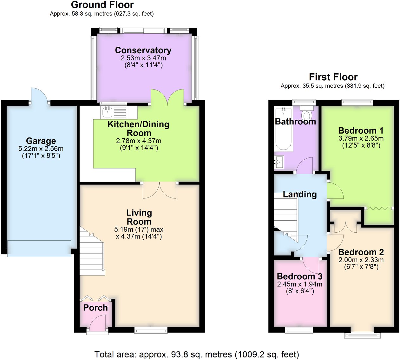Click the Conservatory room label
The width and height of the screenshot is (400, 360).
click(x=143, y=50)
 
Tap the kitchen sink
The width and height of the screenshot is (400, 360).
click(x=108, y=112)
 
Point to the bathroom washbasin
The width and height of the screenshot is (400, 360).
click(x=279, y=162)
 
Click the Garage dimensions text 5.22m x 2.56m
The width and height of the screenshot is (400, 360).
click(x=41, y=149)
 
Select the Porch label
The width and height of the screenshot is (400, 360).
click(x=95, y=308)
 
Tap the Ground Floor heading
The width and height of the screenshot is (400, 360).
click(x=102, y=5)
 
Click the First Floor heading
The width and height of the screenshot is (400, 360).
click(x=333, y=77)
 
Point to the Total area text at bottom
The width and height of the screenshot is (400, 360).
click(x=197, y=354)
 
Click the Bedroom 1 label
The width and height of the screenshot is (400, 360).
click(x=361, y=130)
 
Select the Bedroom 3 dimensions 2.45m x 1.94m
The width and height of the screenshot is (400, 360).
click(x=299, y=284)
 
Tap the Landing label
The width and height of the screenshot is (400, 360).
click(x=300, y=194)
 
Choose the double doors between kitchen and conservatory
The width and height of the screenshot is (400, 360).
click(x=167, y=97)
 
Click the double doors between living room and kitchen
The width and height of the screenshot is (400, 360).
click(x=159, y=190)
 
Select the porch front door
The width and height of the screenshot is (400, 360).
click(x=97, y=323)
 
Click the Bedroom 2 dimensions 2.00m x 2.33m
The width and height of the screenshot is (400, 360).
click(x=361, y=260)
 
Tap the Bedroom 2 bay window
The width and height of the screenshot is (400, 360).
click(x=362, y=335)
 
